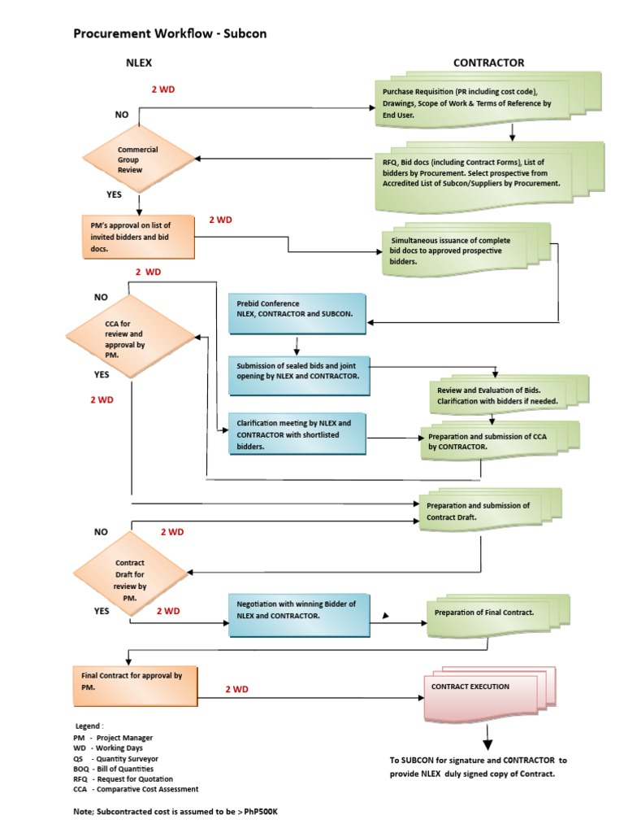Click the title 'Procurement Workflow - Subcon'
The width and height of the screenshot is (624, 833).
(x=170, y=33)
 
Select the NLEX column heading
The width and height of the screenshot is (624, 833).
(x=138, y=63)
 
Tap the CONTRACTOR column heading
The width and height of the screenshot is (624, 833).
(x=488, y=63)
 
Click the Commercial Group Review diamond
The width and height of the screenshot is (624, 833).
(x=138, y=159)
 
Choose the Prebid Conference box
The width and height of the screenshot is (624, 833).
(x=296, y=309)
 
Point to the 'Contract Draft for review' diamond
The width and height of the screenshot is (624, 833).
(x=130, y=574)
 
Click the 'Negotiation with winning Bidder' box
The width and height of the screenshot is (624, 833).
(x=296, y=611)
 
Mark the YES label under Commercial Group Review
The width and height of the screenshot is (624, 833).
(x=115, y=195)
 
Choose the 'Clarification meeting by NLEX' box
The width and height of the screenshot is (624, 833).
(x=296, y=434)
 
